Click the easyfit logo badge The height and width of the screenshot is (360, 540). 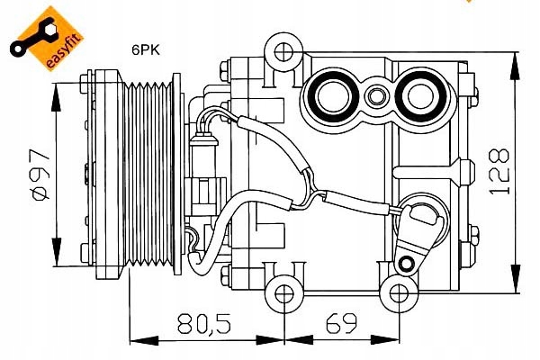43,38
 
